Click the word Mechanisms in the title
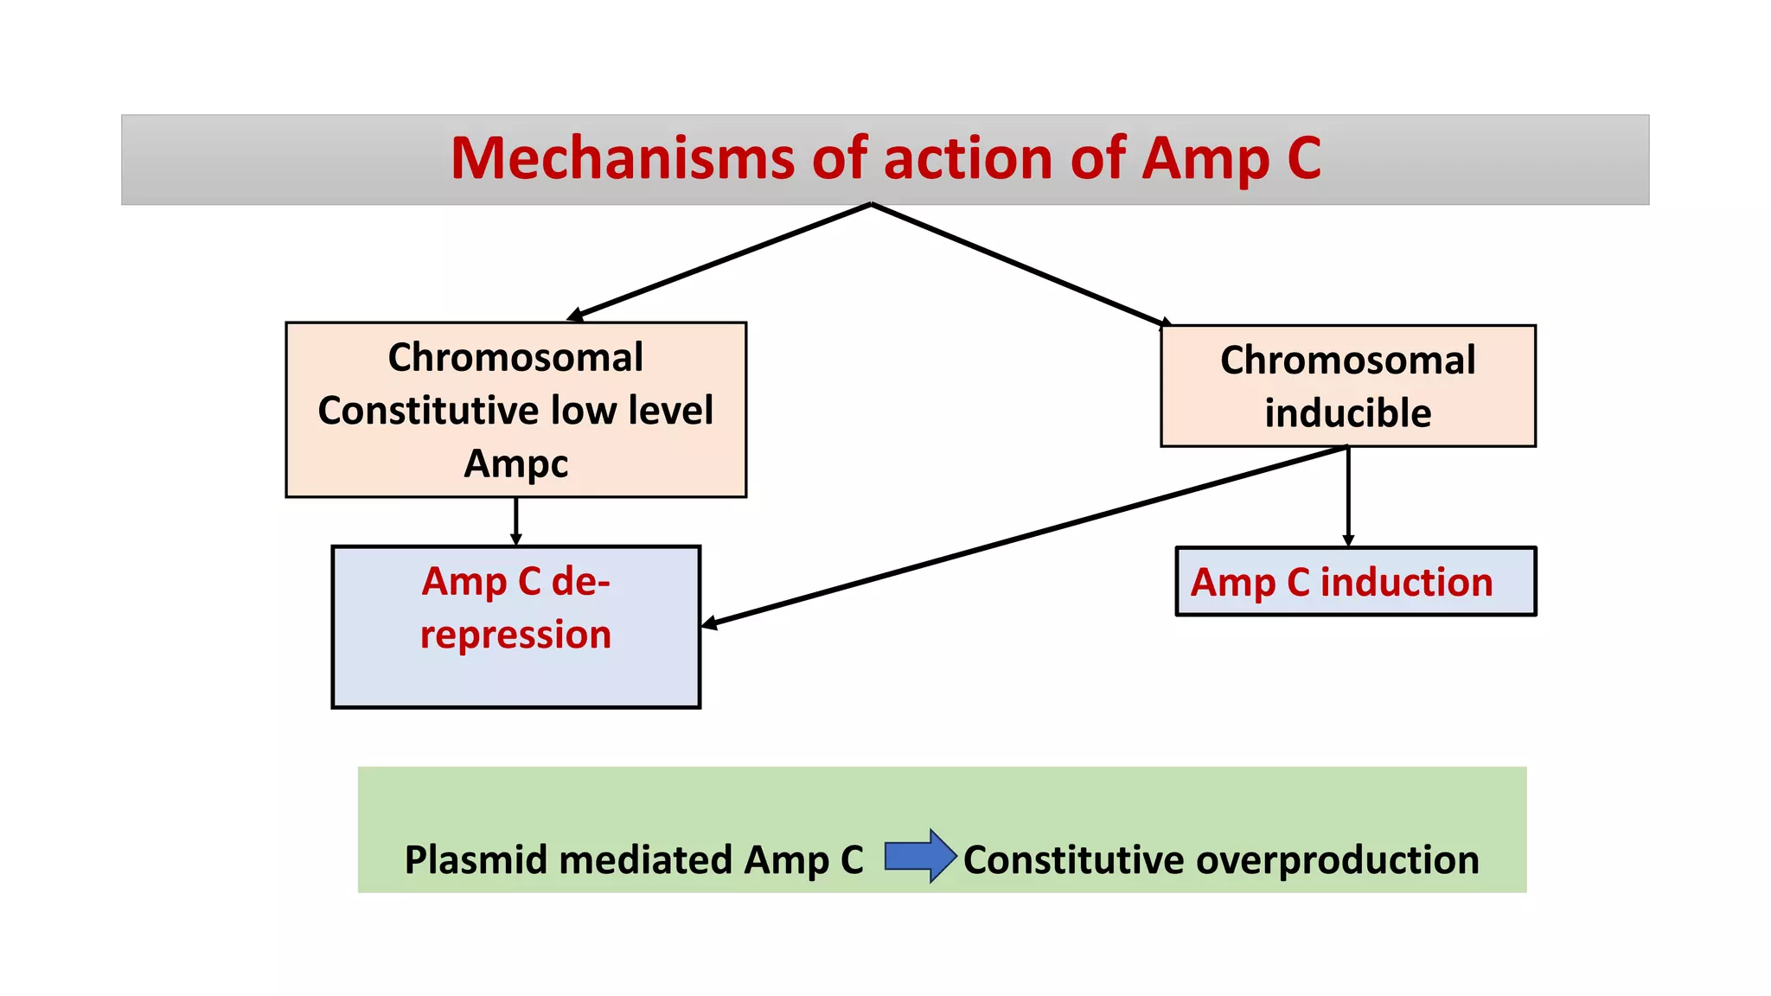click(x=621, y=158)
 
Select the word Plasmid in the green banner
click(x=475, y=860)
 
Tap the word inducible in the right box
click(x=1347, y=413)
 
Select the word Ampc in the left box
click(x=516, y=464)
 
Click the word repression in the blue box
click(x=515, y=635)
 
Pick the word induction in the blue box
click(x=1406, y=582)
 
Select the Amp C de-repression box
click(x=515, y=674)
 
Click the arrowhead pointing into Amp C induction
click(x=1347, y=540)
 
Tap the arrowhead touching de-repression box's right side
click(x=709, y=622)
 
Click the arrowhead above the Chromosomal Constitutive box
click(x=575, y=316)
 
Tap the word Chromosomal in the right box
click(x=1347, y=361)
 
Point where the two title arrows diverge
click(x=871, y=205)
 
